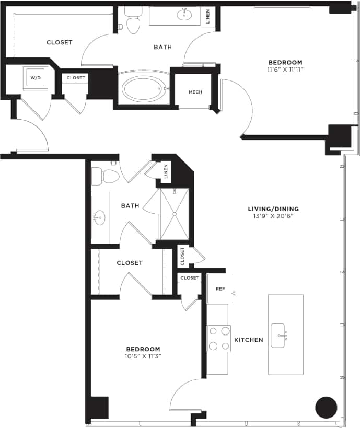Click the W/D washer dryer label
click(36, 78)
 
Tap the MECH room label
click(195, 92)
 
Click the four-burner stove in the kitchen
click(219, 338)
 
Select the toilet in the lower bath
click(107, 176)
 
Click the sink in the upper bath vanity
click(184, 15)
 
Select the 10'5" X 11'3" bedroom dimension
click(143, 356)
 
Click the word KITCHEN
click(248, 340)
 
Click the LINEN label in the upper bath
click(208, 16)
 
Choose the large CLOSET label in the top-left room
click(59, 42)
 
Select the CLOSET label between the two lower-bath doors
click(130, 263)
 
